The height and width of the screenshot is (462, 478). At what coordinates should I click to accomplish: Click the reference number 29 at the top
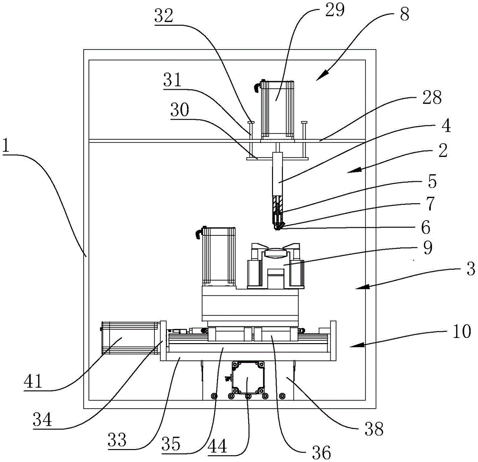coord(335,10)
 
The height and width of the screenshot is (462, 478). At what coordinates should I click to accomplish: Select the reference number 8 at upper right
coord(405,14)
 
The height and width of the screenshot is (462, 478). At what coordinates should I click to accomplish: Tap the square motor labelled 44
coord(247,378)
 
